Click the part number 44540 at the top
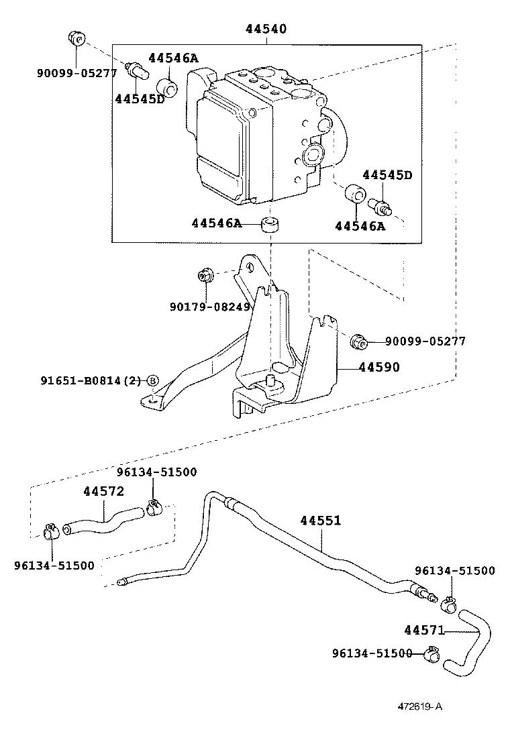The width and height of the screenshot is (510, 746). pyautogui.click(x=266, y=29)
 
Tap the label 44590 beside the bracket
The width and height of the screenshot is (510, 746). pyautogui.click(x=379, y=367)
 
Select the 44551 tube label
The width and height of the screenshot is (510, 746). pyautogui.click(x=321, y=521)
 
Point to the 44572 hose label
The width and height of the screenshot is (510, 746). pyautogui.click(x=104, y=491)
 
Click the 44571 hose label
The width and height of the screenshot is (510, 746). pyautogui.click(x=424, y=630)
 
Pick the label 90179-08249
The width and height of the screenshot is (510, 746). pyautogui.click(x=210, y=307)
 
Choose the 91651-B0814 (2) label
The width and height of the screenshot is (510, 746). pyautogui.click(x=91, y=380)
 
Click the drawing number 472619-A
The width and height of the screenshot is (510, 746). pyautogui.click(x=420, y=706)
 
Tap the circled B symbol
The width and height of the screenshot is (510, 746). pyautogui.click(x=152, y=380)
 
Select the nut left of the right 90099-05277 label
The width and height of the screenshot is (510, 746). pyautogui.click(x=357, y=341)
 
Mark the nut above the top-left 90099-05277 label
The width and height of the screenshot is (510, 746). pyautogui.click(x=76, y=37)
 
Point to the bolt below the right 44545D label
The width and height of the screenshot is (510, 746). pyautogui.click(x=380, y=206)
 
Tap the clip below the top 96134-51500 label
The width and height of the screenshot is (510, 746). pyautogui.click(x=153, y=508)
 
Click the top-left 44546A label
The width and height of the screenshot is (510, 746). pyautogui.click(x=173, y=58)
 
